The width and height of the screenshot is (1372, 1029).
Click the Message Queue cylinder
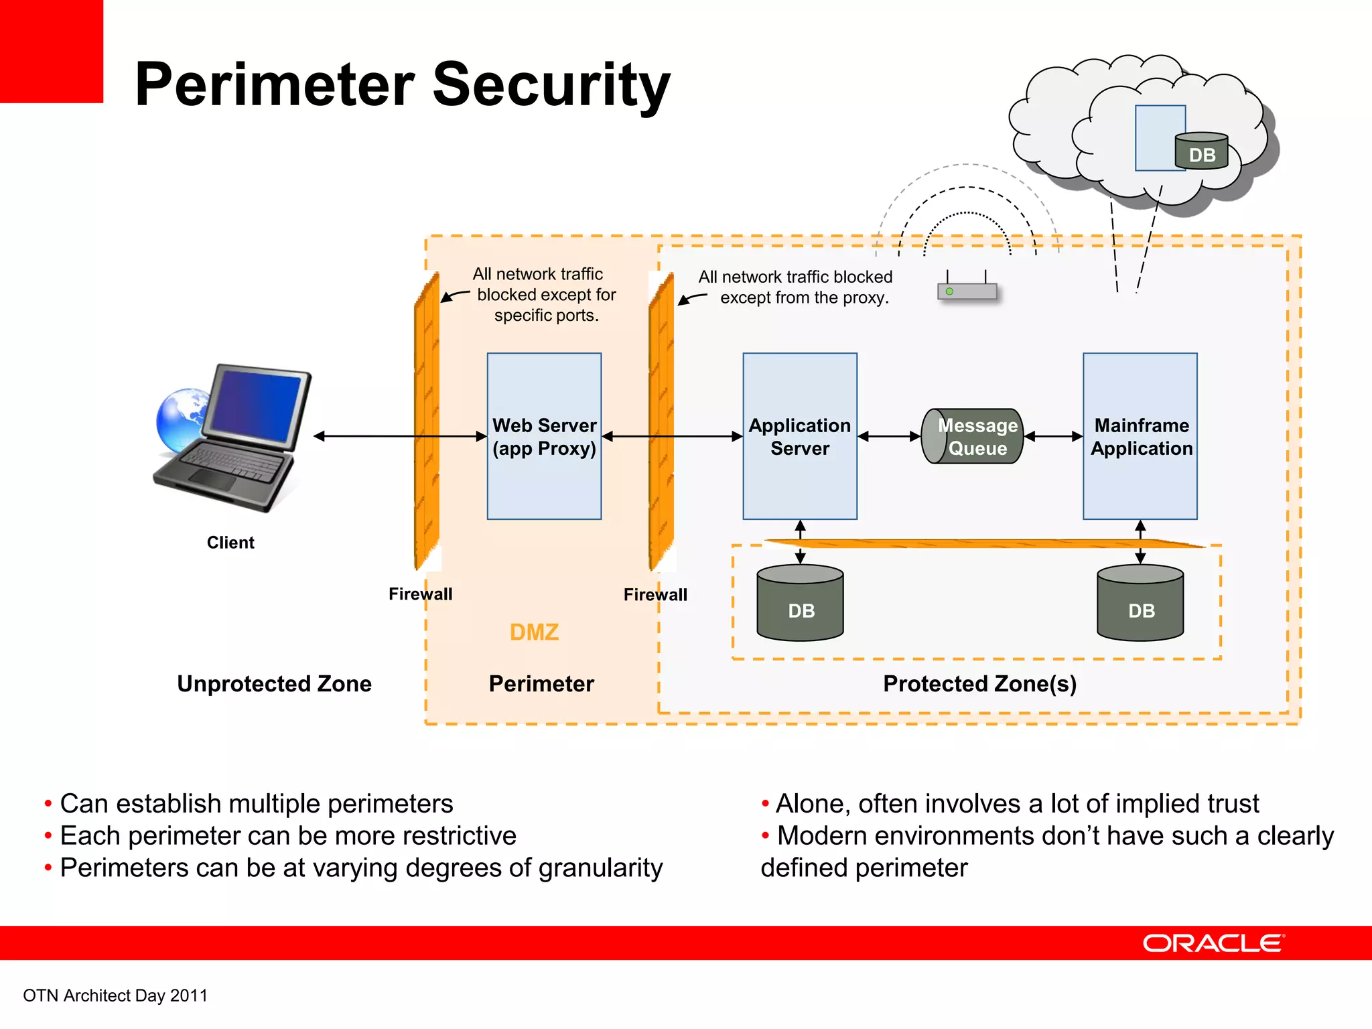973,436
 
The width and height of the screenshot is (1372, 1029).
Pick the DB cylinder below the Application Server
800,603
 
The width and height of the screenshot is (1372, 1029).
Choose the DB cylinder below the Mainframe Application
1140,603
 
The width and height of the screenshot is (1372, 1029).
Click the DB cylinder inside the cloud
1202,151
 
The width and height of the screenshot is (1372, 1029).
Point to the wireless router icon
967,291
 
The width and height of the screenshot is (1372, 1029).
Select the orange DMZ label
534,632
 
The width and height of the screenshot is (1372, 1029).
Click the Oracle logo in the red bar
1213,943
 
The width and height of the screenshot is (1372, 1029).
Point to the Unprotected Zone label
274,683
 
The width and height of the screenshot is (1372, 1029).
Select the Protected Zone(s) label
979,683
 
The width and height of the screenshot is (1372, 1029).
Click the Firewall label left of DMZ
420,594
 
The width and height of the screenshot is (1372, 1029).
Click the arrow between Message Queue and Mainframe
1053,436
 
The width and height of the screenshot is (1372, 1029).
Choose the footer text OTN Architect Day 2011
115,996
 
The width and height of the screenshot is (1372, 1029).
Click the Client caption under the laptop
230,543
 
